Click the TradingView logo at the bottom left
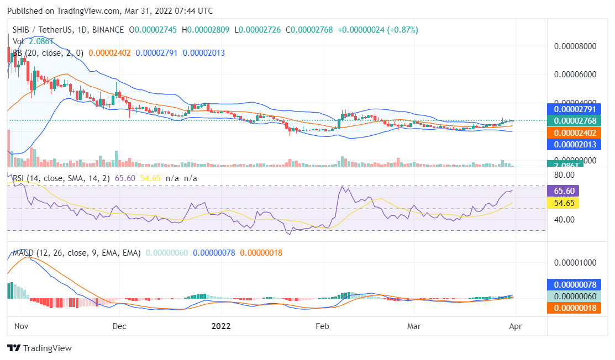coord(39,348)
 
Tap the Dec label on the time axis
coord(119,326)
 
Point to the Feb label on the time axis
coord(323,326)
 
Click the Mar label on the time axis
coord(414,326)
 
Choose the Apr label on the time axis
coord(514,326)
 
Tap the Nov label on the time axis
coord(21,326)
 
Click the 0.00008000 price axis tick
coord(575,46)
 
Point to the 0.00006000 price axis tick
coord(575,75)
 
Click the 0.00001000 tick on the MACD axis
coord(575,262)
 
